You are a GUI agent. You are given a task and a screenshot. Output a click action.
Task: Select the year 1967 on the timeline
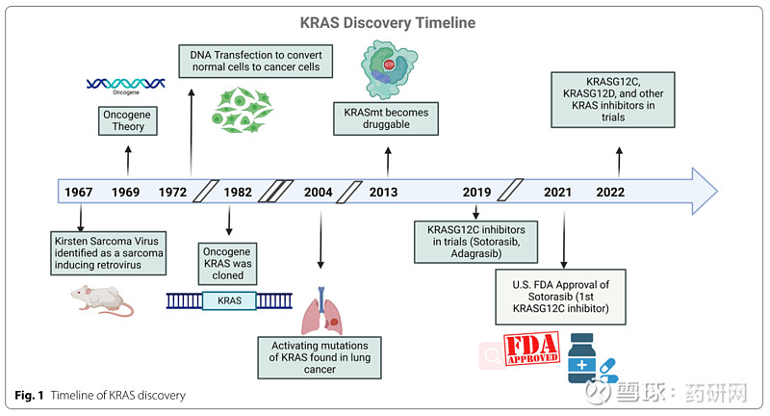click(x=79, y=192)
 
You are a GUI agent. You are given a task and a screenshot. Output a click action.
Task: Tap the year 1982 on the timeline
click(x=238, y=192)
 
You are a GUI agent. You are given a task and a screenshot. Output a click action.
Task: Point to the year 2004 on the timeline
click(x=318, y=192)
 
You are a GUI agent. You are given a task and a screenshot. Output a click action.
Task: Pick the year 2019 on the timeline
click(x=477, y=192)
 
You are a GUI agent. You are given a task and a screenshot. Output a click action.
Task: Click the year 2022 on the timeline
click(x=610, y=192)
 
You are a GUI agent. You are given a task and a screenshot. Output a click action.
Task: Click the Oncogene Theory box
click(x=129, y=122)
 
